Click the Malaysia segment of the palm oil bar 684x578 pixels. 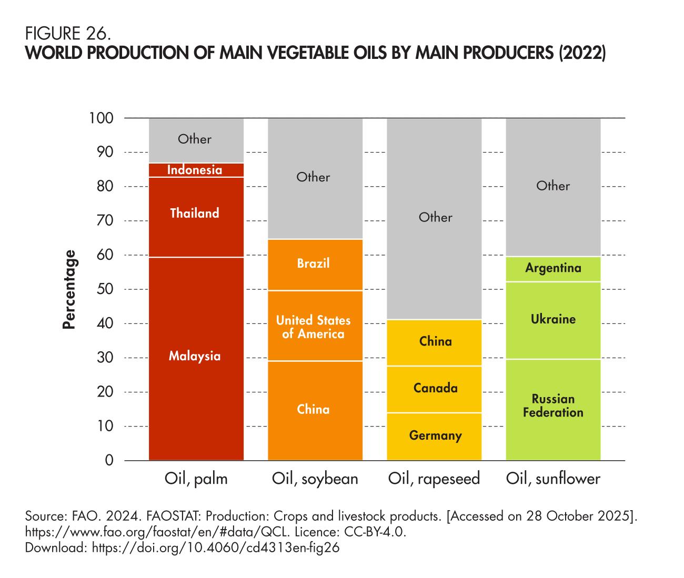195,357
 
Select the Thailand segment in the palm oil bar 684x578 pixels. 195,214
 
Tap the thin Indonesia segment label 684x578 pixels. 195,170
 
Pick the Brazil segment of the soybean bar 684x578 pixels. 314,263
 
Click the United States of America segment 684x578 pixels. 314,327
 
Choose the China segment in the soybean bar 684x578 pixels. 314,410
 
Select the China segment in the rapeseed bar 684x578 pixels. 435,342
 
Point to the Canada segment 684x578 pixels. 435,389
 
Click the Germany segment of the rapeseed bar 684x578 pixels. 435,436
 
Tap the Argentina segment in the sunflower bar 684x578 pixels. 553,269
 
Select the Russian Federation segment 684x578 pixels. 553,406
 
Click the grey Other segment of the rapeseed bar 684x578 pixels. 435,218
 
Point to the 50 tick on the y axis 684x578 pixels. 105,289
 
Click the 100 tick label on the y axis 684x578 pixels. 102,118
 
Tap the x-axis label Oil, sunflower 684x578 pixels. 553,479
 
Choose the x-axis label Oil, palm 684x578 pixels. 196,479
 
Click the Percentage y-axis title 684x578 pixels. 69,289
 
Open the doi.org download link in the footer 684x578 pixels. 216,547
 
